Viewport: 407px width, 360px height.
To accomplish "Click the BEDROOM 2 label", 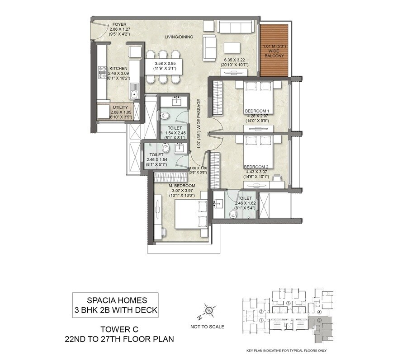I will point(256,166).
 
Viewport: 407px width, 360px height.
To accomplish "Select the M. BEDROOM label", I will point(182,186).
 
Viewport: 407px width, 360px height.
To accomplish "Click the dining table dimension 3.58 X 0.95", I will point(164,64).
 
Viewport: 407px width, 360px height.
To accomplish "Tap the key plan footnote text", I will point(287,351).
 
